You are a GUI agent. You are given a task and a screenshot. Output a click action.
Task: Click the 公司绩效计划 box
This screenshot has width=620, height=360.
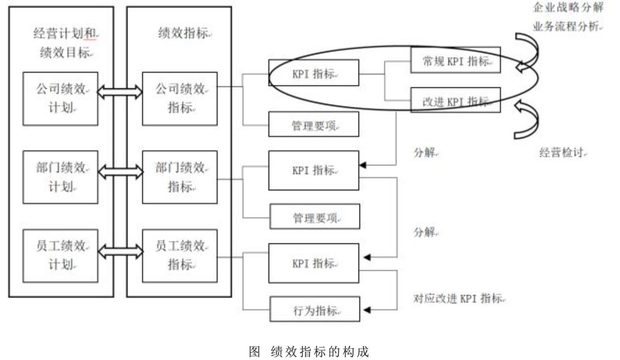(61, 99)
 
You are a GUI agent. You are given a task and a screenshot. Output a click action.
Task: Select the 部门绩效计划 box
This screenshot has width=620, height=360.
(61, 178)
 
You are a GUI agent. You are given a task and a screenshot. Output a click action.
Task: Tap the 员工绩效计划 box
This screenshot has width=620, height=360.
(61, 256)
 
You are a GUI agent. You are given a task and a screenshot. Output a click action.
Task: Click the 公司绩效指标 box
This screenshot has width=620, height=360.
(179, 99)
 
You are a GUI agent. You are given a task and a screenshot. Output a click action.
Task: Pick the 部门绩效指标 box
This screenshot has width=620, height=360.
(179, 178)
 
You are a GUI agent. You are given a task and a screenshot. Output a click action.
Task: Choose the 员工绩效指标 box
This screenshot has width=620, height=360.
(179, 256)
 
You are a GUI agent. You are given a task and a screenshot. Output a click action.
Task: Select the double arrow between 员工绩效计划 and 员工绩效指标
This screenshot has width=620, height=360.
(120, 250)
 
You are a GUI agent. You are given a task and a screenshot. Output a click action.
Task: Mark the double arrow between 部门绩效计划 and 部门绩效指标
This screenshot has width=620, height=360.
(120, 170)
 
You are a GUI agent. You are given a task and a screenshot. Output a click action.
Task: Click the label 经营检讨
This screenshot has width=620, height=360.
(563, 154)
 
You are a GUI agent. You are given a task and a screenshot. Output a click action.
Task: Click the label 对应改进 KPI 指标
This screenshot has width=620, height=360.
(459, 299)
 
